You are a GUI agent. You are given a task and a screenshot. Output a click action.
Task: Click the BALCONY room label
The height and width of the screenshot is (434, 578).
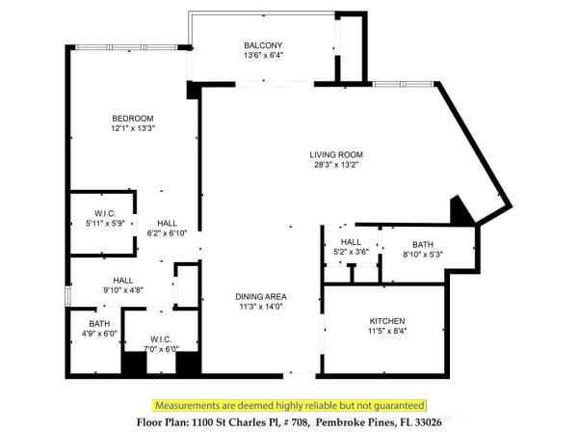pos(263,45)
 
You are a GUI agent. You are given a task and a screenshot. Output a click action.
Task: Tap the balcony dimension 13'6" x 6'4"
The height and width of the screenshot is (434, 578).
pos(263,56)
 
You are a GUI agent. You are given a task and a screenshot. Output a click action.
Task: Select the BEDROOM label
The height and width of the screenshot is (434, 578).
pos(132,118)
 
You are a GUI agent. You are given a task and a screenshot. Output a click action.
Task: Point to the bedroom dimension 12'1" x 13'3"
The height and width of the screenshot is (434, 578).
pos(132,128)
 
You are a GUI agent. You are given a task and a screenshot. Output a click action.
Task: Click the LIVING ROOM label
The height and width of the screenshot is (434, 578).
pos(336,154)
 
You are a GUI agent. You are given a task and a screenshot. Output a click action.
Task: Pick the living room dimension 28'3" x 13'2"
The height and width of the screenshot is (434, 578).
pos(336,165)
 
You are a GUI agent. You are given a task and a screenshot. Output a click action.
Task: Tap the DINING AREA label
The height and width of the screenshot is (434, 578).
pos(263,296)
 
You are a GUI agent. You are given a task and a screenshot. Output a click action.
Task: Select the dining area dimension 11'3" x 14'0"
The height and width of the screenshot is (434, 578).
pos(263,307)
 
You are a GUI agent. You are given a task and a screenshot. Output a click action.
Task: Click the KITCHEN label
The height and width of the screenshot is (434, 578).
pos(387,320)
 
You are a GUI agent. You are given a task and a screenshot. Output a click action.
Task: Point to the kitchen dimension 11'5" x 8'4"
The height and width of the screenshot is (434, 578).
pos(387,331)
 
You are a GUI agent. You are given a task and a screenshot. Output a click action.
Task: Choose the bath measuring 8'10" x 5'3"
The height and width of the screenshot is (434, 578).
pos(423,250)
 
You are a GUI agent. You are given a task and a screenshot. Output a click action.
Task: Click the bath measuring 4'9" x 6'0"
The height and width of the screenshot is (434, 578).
pos(99,329)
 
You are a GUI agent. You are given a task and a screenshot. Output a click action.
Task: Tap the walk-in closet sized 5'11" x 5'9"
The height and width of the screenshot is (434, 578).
pos(105,218)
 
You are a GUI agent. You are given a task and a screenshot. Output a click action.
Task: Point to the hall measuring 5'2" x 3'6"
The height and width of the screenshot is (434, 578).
pos(351,247)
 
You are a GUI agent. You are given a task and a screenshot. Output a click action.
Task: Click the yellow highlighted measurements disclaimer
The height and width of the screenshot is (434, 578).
pos(289,405)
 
